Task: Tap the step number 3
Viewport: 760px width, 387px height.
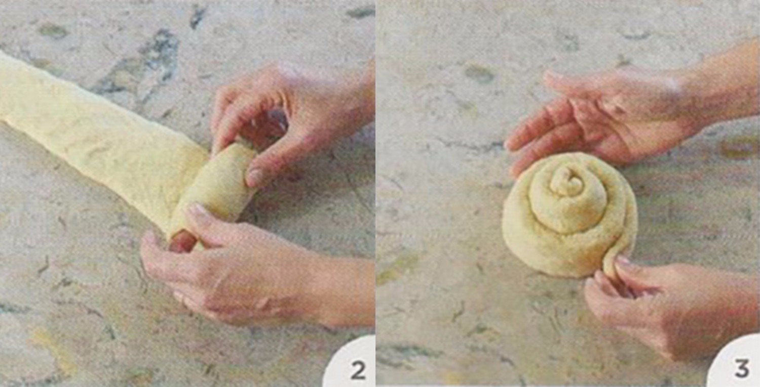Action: pos(742,369)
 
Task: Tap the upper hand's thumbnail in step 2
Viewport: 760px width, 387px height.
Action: pos(255,176)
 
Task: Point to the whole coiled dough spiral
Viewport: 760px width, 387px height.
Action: pos(569,215)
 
